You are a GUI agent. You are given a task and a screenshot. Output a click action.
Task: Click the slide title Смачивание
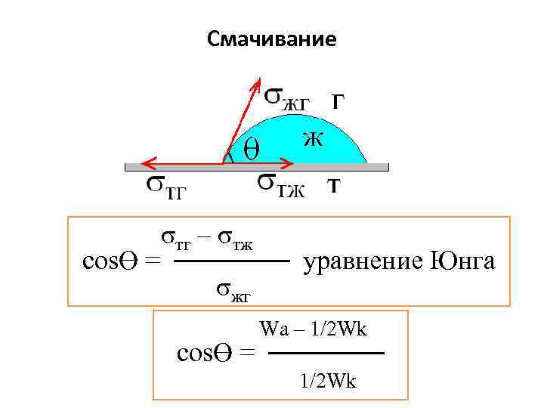[272, 39]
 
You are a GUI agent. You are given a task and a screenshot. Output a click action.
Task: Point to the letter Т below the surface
[332, 185]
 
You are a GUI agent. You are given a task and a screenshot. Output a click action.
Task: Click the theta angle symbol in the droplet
[250, 149]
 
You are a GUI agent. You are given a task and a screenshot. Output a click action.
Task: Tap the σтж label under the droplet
[280, 184]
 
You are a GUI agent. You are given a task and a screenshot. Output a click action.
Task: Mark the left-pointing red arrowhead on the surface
[146, 162]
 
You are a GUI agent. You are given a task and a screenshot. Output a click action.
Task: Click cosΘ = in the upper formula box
[121, 261]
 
